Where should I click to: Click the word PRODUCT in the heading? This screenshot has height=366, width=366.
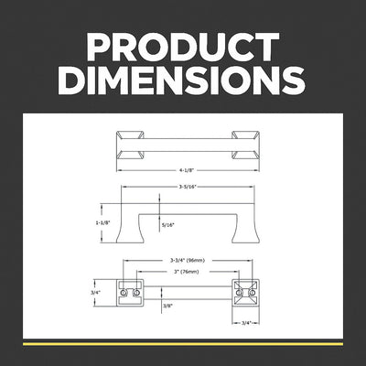pos(183,47)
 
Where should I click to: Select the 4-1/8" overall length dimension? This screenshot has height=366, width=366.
pos(187,170)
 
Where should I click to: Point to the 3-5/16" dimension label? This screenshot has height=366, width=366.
pos(188,187)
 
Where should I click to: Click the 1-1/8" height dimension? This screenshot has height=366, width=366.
pos(102,223)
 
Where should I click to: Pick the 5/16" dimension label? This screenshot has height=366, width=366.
pos(167,225)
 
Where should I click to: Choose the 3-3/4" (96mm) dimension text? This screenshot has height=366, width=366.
pos(188,261)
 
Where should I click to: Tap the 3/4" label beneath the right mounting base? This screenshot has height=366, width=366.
pos(246,322)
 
